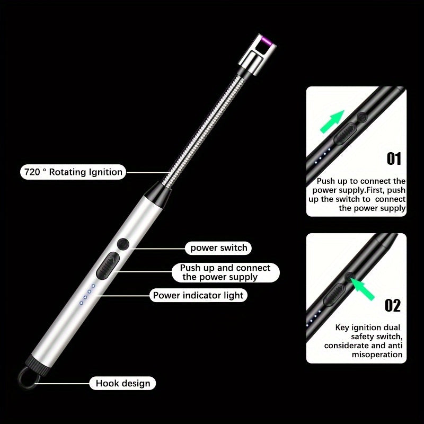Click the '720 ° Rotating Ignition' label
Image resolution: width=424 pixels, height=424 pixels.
(x=73, y=172)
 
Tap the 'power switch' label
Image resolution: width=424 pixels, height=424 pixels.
(x=218, y=248)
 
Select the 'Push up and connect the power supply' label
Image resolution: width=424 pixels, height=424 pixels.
(x=226, y=272)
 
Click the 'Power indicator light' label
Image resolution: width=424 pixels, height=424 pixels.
(x=198, y=295)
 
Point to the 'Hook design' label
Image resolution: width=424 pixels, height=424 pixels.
(x=123, y=383)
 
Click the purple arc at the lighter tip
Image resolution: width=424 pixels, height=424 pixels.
(x=266, y=41)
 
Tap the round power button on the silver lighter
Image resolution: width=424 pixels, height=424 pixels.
(x=123, y=244)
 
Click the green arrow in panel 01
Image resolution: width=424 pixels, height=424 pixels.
(x=332, y=122)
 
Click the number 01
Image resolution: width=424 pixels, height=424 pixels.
(x=394, y=158)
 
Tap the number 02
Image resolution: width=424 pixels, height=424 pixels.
(x=393, y=306)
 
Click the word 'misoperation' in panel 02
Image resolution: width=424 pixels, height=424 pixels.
(x=377, y=355)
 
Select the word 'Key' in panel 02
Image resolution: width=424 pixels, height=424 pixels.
(x=342, y=328)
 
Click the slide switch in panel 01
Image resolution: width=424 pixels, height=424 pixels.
(x=346, y=134)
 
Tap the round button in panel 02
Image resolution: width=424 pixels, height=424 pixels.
(x=350, y=277)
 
